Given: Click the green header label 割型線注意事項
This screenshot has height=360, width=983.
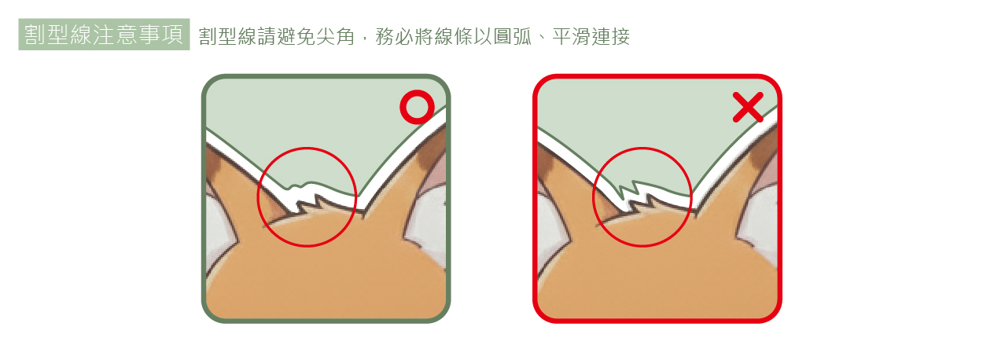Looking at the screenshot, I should (x=104, y=36).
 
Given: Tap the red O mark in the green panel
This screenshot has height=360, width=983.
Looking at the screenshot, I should (x=416, y=108).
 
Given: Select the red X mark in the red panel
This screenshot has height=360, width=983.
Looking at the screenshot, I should (x=747, y=108).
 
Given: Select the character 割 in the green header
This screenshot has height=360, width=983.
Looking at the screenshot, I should (x=35, y=36).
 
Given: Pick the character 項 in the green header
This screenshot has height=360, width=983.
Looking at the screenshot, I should (x=173, y=36).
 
